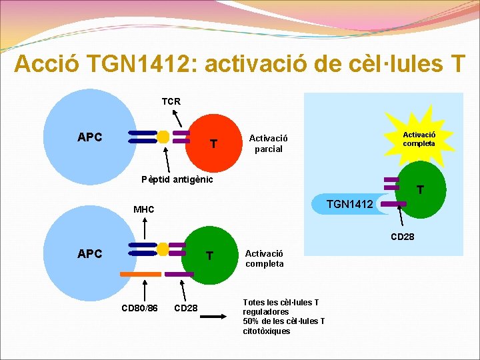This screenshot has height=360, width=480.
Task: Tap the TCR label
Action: click(171, 101)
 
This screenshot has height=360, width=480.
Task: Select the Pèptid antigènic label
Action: click(177, 179)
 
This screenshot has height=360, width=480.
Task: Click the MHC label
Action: click(143, 209)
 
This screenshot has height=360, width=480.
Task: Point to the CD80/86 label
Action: click(139, 308)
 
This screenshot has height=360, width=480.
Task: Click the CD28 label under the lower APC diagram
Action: click(185, 308)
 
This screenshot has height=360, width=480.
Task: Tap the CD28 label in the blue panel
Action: click(403, 235)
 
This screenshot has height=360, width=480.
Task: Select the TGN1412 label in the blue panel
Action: click(349, 204)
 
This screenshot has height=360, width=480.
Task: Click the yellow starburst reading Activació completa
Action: click(419, 139)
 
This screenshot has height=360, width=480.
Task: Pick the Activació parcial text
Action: click(265, 143)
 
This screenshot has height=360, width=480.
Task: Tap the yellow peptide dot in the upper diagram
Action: click(163, 137)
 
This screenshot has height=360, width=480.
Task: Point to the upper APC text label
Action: click(90, 137)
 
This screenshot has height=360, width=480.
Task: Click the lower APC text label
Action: click(90, 253)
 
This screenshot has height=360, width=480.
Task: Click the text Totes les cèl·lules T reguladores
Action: click(281, 307)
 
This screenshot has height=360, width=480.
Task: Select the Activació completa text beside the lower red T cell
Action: click(264, 258)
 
